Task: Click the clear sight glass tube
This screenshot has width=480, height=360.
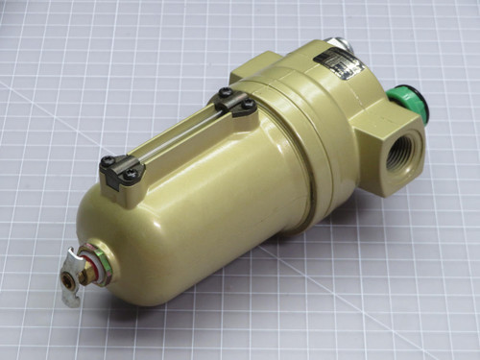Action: (x=178, y=135)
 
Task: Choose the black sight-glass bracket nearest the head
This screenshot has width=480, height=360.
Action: (x=234, y=103)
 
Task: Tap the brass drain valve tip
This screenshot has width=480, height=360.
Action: (x=70, y=279)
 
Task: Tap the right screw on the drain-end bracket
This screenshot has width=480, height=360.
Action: (x=129, y=175)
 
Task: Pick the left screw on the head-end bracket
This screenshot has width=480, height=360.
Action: (x=225, y=93)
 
